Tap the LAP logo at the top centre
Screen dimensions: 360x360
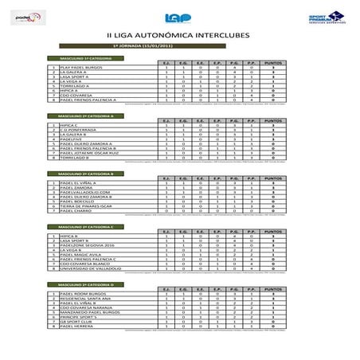coord(178,18)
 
